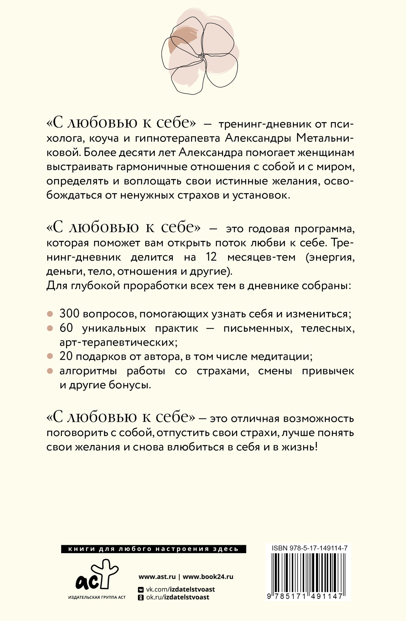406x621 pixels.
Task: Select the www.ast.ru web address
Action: tap(157, 577)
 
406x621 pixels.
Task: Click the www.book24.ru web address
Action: tap(208, 577)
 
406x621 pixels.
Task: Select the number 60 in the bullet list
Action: tap(66, 328)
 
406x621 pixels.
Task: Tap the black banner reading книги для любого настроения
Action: tap(153, 549)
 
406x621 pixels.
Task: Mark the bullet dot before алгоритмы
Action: tap(50, 371)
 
